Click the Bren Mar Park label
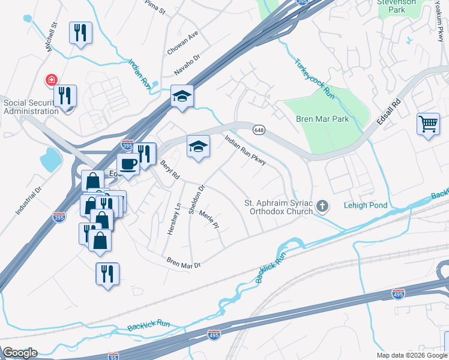click(322, 119)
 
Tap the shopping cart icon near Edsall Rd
click(429, 124)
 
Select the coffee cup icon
click(128, 163)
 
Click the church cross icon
click(322, 207)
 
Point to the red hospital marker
click(52, 79)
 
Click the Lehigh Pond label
click(366, 205)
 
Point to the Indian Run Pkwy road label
click(245, 150)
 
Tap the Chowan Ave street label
click(182, 44)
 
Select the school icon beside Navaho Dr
click(181, 96)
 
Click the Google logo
click(20, 353)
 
